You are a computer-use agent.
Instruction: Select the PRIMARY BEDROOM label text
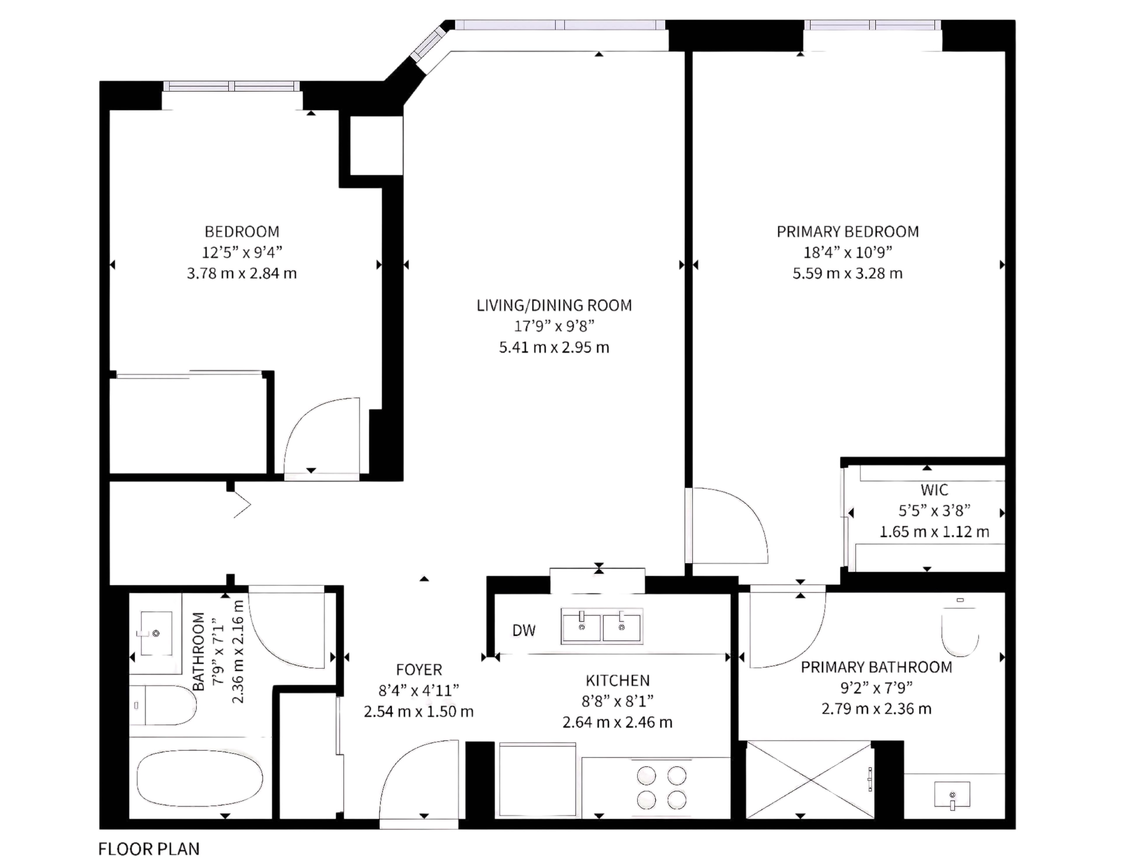847,232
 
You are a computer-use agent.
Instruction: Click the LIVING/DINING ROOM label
554,305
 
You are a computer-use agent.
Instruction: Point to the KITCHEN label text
617,681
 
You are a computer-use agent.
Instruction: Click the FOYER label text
419,670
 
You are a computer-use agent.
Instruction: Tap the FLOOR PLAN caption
149,849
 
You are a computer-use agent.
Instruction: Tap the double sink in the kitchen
602,626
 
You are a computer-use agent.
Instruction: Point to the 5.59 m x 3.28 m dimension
847,273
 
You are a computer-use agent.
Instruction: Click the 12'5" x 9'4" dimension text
242,252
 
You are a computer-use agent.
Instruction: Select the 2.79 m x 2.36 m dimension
876,709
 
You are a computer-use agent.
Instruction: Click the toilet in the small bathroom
163,705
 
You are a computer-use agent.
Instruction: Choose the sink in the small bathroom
156,633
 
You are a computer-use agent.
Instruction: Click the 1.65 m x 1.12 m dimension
934,532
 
